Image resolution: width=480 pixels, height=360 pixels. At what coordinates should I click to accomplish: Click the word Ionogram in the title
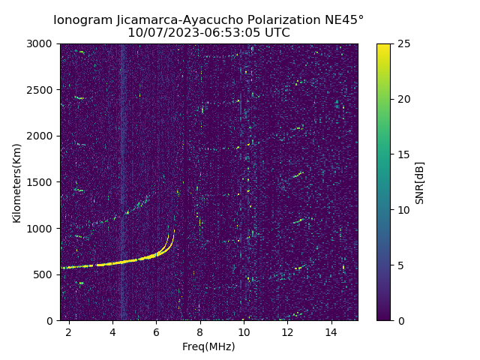(x=83, y=20)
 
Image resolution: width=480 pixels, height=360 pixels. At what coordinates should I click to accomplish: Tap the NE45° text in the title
(x=346, y=20)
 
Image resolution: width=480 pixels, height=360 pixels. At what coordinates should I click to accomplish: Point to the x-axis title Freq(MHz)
(x=208, y=346)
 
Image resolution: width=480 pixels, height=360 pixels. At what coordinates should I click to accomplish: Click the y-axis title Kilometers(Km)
(x=17, y=182)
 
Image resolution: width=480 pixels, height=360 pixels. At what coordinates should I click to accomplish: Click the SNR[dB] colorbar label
(x=420, y=182)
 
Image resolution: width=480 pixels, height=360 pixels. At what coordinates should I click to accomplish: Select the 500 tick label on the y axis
(x=43, y=274)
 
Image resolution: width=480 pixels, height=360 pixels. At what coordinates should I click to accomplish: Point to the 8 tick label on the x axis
(x=200, y=331)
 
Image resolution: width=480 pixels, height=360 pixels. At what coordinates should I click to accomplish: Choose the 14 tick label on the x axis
(x=331, y=331)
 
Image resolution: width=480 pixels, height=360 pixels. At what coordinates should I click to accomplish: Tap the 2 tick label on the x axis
(x=69, y=331)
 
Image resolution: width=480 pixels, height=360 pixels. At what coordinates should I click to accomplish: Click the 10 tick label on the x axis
(x=244, y=331)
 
